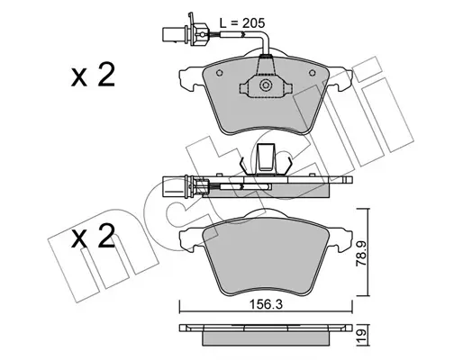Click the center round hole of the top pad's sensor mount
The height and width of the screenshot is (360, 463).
coord(264,86)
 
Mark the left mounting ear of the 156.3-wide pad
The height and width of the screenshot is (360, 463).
coord(190,239)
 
